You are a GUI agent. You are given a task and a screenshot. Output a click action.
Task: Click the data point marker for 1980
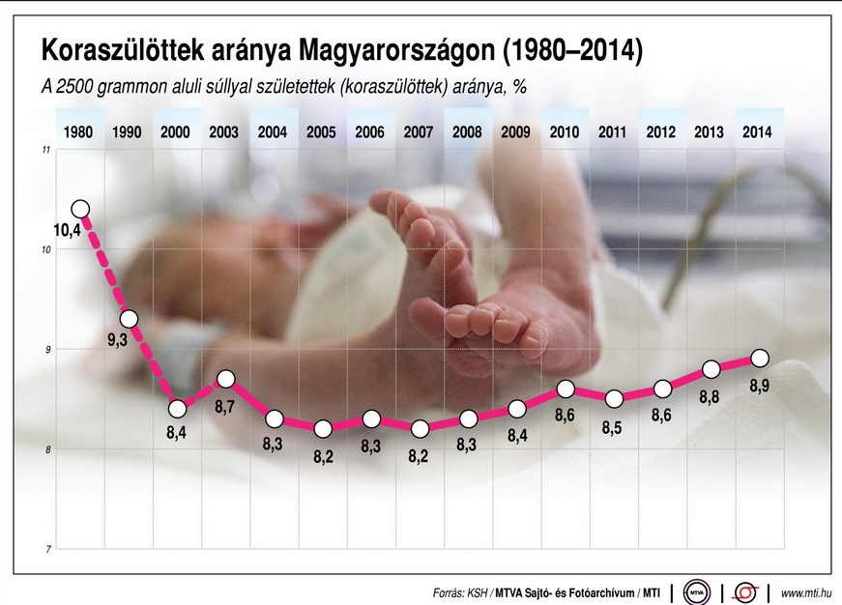click(x=80, y=209)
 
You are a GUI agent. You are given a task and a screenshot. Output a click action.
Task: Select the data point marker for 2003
click(x=225, y=378)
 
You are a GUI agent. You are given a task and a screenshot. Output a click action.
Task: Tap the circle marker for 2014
click(x=760, y=359)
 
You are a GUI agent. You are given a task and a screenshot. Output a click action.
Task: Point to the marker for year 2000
click(x=177, y=408)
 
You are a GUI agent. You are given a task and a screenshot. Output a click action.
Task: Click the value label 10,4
click(x=67, y=230)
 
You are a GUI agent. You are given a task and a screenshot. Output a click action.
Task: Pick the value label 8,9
click(x=760, y=387)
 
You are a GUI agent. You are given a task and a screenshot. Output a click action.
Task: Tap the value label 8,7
click(x=225, y=408)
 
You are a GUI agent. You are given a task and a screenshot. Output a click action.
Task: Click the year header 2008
click(x=467, y=132)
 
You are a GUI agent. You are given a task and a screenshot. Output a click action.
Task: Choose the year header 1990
click(x=127, y=132)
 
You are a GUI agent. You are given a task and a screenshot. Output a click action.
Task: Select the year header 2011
click(x=612, y=132)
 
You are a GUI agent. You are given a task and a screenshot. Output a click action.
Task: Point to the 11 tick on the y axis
click(x=45, y=150)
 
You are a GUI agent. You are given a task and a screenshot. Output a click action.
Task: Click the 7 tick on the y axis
click(x=45, y=549)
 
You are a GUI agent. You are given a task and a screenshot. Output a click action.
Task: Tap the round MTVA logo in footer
click(x=696, y=591)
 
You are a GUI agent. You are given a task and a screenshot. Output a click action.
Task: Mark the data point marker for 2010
click(x=566, y=389)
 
